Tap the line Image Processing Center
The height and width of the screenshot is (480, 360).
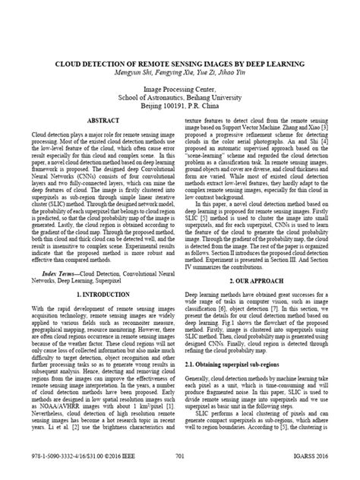180,89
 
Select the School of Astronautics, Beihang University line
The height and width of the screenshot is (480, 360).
180,98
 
